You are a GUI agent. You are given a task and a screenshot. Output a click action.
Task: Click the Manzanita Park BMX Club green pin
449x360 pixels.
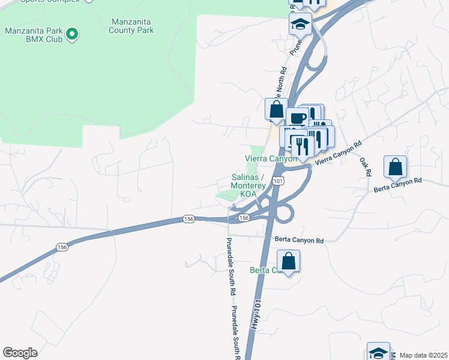tap(71, 34)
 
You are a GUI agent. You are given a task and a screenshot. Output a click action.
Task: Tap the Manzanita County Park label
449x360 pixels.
tap(132, 26)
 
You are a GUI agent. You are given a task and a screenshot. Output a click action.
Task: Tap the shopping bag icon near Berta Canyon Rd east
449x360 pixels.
tap(396, 167)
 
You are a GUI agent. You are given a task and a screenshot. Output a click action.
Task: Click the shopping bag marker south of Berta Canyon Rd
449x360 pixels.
tap(289, 261)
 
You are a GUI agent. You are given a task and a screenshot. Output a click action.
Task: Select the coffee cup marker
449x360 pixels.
tap(297, 118)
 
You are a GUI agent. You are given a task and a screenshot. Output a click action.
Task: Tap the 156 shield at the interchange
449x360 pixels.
tap(244, 218)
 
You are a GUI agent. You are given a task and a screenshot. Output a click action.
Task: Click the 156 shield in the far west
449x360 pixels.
tap(62, 247)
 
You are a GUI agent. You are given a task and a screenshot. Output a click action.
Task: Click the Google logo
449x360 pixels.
tap(20, 353)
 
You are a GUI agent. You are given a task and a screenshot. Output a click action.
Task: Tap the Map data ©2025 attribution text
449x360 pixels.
tap(423, 355)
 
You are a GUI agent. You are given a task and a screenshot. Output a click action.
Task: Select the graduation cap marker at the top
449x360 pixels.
tap(300, 24)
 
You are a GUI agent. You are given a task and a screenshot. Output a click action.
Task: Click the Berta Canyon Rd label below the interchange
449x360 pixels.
tap(299, 240)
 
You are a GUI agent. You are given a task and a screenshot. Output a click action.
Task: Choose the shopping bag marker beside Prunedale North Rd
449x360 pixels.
tap(276, 109)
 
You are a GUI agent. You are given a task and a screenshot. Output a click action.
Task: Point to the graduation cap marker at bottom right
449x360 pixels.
tap(379, 352)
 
